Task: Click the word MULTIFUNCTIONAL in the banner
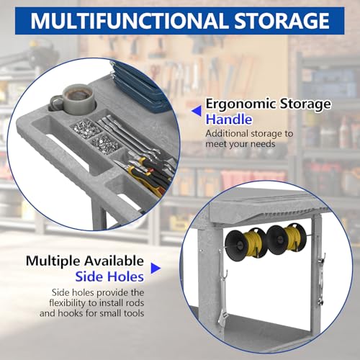click(x=130, y=21)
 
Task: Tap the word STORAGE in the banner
click(x=282, y=21)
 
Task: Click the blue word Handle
click(x=229, y=119)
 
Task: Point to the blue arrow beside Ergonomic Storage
click(x=197, y=111)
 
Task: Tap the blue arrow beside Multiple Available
click(x=156, y=268)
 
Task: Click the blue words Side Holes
click(x=109, y=276)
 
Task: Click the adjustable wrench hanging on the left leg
click(x=221, y=300)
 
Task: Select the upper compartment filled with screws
click(x=86, y=128)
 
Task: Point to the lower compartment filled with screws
click(x=105, y=143)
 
